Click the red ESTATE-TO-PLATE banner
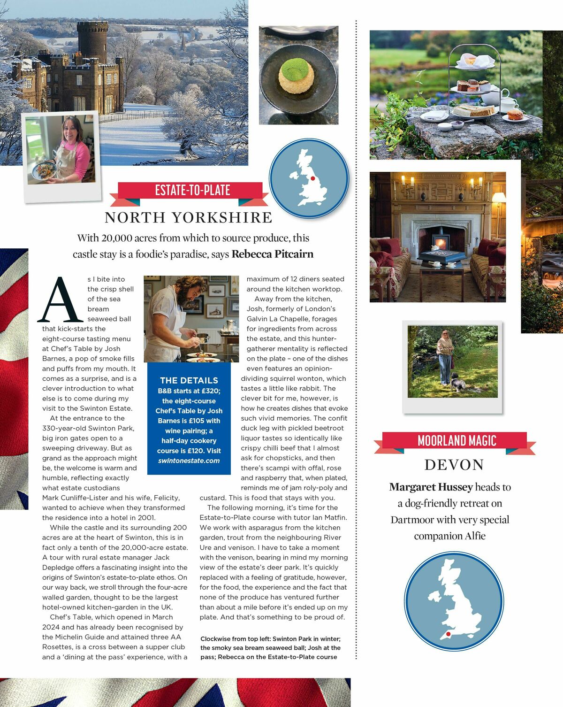[192, 191]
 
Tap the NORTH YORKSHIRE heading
[188, 217]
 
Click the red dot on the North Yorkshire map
[313, 178]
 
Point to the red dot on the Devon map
[449, 634]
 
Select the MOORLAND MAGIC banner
[456, 441]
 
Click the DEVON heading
[454, 465]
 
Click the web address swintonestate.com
[189, 461]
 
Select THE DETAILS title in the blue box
[189, 380]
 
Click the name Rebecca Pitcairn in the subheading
[272, 254]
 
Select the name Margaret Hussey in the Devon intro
[430, 487]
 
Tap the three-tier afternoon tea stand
[474, 87]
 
